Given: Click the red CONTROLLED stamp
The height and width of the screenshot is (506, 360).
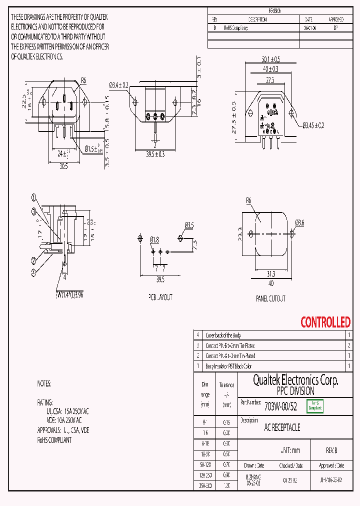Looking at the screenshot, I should (x=325, y=322).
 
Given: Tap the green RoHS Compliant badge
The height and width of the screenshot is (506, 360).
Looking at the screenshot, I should (x=315, y=406).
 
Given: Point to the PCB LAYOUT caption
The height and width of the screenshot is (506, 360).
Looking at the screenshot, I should (x=160, y=297).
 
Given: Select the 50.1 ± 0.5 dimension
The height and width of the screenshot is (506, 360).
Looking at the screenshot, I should (x=270, y=59).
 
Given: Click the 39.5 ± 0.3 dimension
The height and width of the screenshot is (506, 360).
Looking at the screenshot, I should (x=155, y=155).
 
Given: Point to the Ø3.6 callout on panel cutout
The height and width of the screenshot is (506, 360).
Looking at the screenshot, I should (x=299, y=222).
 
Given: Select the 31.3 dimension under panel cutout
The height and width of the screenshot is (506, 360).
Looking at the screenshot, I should (x=270, y=274).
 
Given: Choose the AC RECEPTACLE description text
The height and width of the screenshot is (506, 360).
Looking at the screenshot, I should (x=282, y=428).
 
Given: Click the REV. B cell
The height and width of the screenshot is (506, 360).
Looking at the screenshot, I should (x=331, y=450).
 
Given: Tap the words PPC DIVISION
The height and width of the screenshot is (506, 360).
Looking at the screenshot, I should (x=295, y=391).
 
